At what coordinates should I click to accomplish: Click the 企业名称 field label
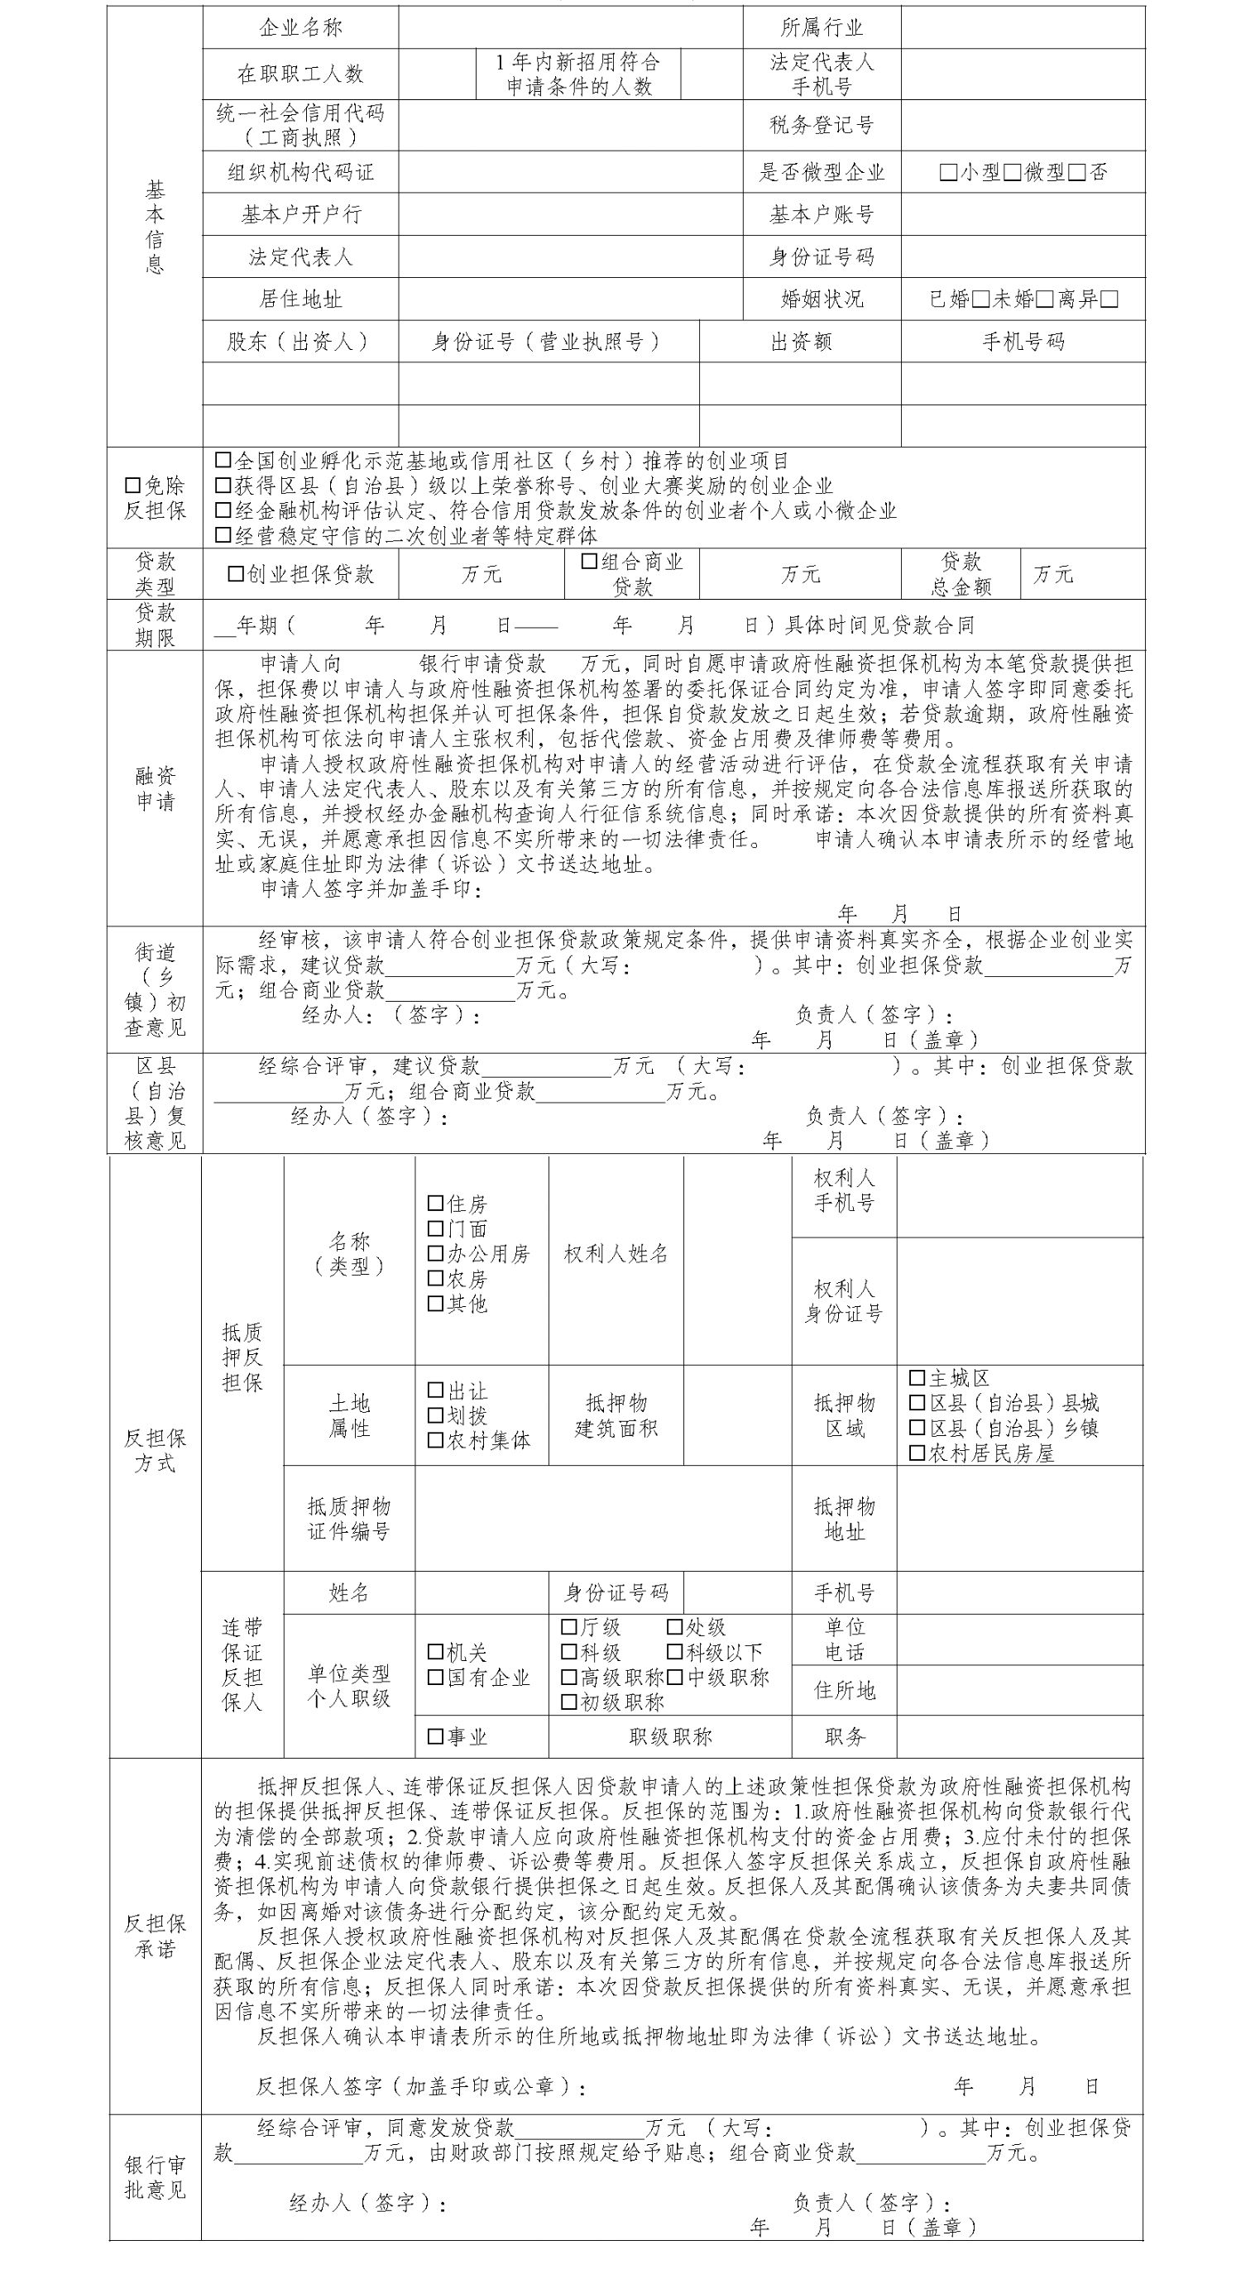tap(300, 27)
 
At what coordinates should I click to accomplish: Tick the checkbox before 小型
tap(948, 173)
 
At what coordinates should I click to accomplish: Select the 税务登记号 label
tap(821, 125)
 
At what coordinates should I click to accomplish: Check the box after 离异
tap(1109, 299)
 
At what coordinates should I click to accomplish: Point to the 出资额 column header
tap(800, 342)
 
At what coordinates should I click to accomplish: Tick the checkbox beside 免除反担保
tap(132, 486)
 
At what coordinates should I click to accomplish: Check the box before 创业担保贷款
tap(236, 574)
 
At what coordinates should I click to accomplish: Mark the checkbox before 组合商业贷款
tap(588, 562)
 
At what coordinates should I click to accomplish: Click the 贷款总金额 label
tap(961, 574)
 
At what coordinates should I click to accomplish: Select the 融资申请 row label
tap(155, 788)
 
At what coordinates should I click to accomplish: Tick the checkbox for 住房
tap(435, 1204)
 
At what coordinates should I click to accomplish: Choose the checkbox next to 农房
tap(435, 1278)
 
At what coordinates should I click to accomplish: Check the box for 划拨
tap(435, 1415)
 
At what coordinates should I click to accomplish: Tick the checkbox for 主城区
tap(917, 1378)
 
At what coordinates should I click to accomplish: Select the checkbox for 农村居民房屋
tap(917, 1453)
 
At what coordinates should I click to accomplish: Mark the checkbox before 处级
tap(675, 1627)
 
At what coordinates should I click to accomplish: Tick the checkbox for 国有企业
tap(435, 1677)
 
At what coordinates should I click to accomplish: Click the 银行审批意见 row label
tap(155, 2176)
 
